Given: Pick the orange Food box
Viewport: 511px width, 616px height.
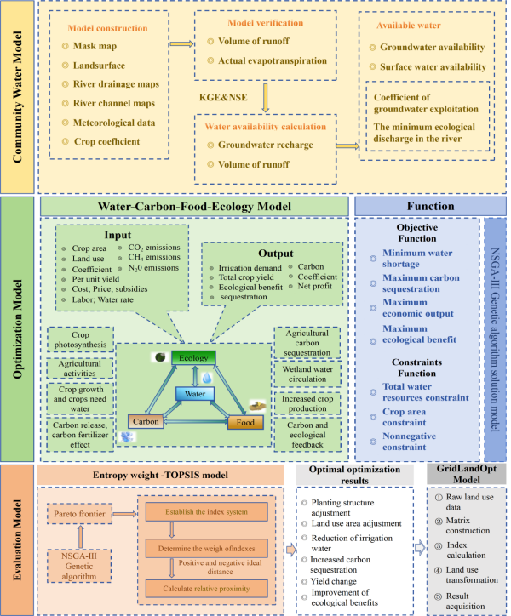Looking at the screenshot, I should point(243,421).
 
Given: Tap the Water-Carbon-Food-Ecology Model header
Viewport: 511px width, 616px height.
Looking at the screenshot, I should point(194,207).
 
